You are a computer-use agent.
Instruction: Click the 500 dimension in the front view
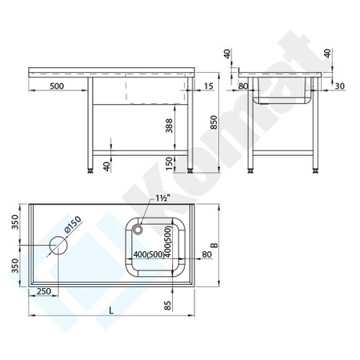(55, 85)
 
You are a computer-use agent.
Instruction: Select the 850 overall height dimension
(211, 121)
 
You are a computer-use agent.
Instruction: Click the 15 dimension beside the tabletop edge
(208, 85)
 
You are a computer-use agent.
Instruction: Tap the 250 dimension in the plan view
(44, 292)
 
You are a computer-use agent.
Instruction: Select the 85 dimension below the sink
(167, 305)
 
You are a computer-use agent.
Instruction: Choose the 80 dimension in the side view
(244, 85)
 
